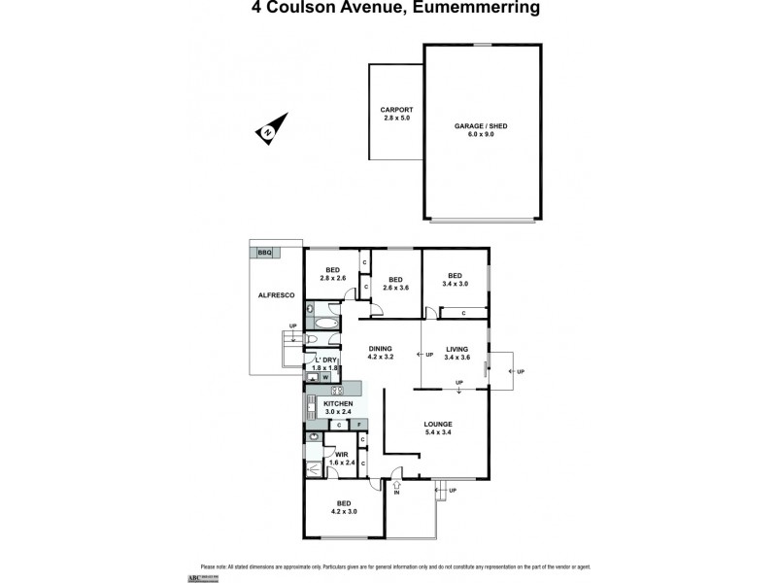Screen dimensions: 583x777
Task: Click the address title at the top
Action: coord(388,9)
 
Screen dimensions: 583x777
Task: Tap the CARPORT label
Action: coord(396,110)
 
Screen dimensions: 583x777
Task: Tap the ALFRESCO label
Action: coord(275,294)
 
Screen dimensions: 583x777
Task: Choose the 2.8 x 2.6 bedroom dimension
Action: coord(332,279)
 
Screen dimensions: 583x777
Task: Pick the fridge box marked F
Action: coord(359,425)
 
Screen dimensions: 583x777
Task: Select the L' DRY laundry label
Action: coord(323,360)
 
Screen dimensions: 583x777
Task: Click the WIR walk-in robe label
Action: coord(341,454)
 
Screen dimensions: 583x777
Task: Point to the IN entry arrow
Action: coord(396,484)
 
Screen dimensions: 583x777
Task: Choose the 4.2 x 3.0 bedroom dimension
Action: coord(345,510)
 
